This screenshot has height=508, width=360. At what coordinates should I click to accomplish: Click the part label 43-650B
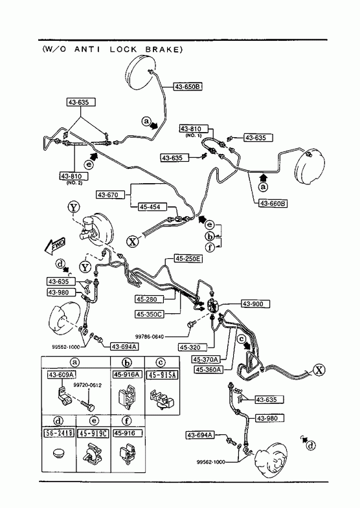[188, 87]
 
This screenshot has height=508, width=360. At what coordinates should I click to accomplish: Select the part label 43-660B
[273, 203]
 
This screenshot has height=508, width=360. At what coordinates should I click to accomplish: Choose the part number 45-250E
[188, 259]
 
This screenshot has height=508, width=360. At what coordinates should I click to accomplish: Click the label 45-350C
[150, 314]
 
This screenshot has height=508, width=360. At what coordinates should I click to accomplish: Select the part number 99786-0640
[150, 337]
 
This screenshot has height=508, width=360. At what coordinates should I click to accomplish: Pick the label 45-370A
[206, 359]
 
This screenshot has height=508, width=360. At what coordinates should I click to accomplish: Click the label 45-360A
[208, 370]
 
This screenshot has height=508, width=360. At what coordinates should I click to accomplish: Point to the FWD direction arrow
[55, 246]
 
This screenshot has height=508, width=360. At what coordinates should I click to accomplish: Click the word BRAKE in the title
[163, 49]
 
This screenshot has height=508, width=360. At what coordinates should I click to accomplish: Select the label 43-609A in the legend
[62, 375]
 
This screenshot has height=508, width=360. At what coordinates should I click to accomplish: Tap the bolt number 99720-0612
[87, 385]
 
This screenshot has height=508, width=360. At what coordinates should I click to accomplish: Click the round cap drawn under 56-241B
[58, 452]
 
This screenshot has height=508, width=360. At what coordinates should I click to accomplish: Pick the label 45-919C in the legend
[93, 433]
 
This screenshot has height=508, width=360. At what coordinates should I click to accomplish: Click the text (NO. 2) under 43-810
[74, 182]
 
